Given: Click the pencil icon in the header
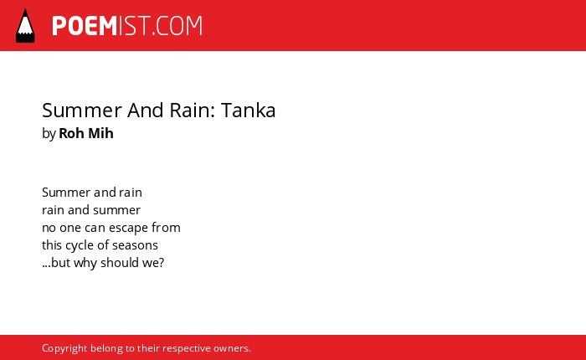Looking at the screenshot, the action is click(x=25, y=26).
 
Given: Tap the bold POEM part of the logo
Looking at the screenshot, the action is click(x=85, y=26).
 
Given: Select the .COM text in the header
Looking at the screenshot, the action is click(x=177, y=26).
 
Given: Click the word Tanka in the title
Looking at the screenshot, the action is click(x=248, y=111).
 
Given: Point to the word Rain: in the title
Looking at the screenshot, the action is click(x=192, y=111).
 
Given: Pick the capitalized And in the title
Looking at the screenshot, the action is click(x=146, y=111).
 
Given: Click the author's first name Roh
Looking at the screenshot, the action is click(x=71, y=133).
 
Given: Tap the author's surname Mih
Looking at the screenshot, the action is click(x=100, y=133).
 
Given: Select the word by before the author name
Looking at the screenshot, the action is click(x=49, y=134).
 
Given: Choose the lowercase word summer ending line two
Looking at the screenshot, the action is click(x=116, y=210).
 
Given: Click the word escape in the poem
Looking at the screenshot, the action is click(x=129, y=228).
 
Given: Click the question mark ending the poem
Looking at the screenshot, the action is click(x=162, y=263).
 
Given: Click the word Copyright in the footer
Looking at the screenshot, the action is click(x=64, y=348).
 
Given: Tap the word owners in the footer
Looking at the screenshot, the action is click(x=230, y=349).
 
